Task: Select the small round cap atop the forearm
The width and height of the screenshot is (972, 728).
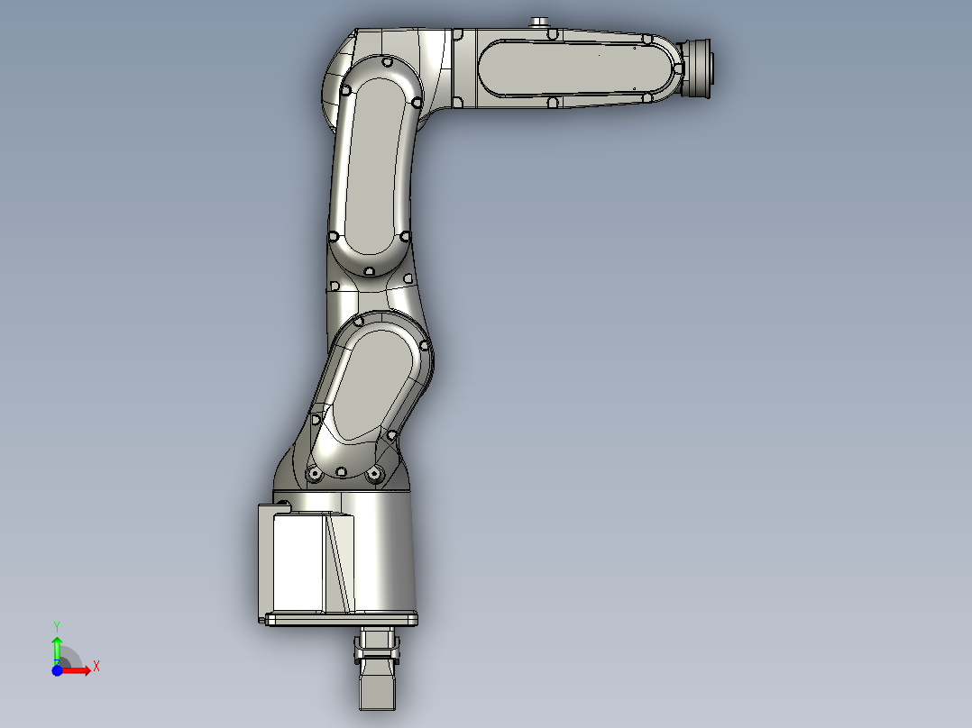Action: coord(541,22)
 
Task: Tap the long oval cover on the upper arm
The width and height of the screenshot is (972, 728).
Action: coord(372,162)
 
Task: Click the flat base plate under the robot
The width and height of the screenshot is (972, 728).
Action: coord(343,619)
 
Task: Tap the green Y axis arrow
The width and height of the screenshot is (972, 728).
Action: coord(56,647)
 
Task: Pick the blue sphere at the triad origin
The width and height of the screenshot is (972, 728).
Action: coord(57,670)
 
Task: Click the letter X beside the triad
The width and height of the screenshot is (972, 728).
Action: coord(96,667)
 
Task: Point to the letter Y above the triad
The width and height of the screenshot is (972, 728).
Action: coord(56,624)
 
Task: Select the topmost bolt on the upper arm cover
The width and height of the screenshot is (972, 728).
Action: coord(387,64)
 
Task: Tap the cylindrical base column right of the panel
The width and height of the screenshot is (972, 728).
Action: coord(383,554)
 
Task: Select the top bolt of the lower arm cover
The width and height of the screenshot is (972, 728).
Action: coord(359,322)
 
